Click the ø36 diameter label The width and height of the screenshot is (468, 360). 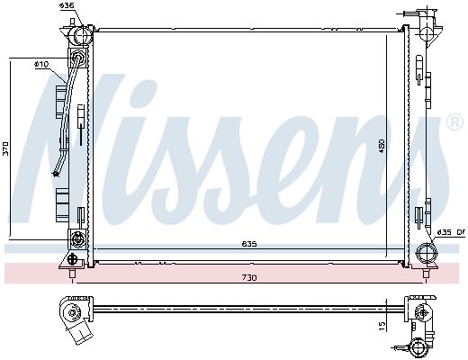click(x=67, y=6)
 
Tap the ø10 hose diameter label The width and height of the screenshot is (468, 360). click(x=40, y=64)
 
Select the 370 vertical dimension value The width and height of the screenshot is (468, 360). click(x=5, y=149)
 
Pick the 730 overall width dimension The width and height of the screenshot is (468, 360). click(x=248, y=277)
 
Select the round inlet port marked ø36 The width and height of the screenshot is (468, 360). click(x=80, y=36)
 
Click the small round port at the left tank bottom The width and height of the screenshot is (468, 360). click(x=76, y=238)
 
